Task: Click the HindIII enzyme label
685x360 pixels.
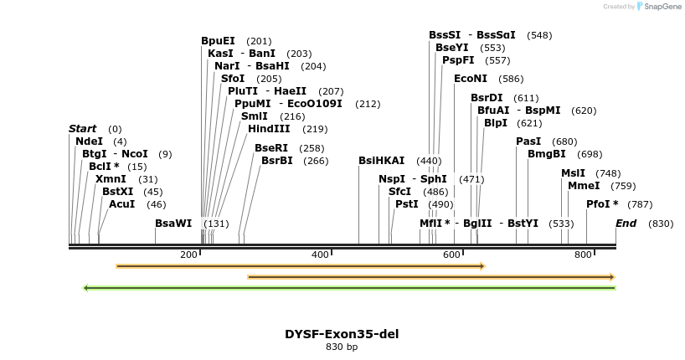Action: click(268, 129)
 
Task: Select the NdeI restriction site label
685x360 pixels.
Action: click(89, 141)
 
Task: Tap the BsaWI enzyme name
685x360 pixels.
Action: click(173, 224)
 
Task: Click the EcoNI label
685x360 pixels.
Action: click(470, 79)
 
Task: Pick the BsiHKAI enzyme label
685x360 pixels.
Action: click(381, 161)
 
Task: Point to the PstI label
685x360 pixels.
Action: click(406, 204)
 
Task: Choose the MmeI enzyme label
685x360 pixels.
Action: click(584, 186)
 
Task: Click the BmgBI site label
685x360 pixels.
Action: click(546, 154)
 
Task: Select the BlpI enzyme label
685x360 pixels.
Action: click(495, 123)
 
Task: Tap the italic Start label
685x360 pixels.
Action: click(82, 129)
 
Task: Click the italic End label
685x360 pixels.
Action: click(626, 224)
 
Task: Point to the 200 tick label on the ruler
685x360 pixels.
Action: click(188, 255)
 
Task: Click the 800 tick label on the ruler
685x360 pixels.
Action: click(583, 255)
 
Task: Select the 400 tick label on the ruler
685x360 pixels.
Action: click(320, 255)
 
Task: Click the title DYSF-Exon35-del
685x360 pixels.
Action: click(342, 334)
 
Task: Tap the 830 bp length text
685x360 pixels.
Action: click(342, 347)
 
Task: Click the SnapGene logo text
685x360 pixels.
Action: click(662, 7)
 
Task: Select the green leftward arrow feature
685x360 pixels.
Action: click(349, 288)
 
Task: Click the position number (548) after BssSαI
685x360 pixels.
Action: click(539, 35)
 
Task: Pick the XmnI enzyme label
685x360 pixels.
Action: click(110, 179)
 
